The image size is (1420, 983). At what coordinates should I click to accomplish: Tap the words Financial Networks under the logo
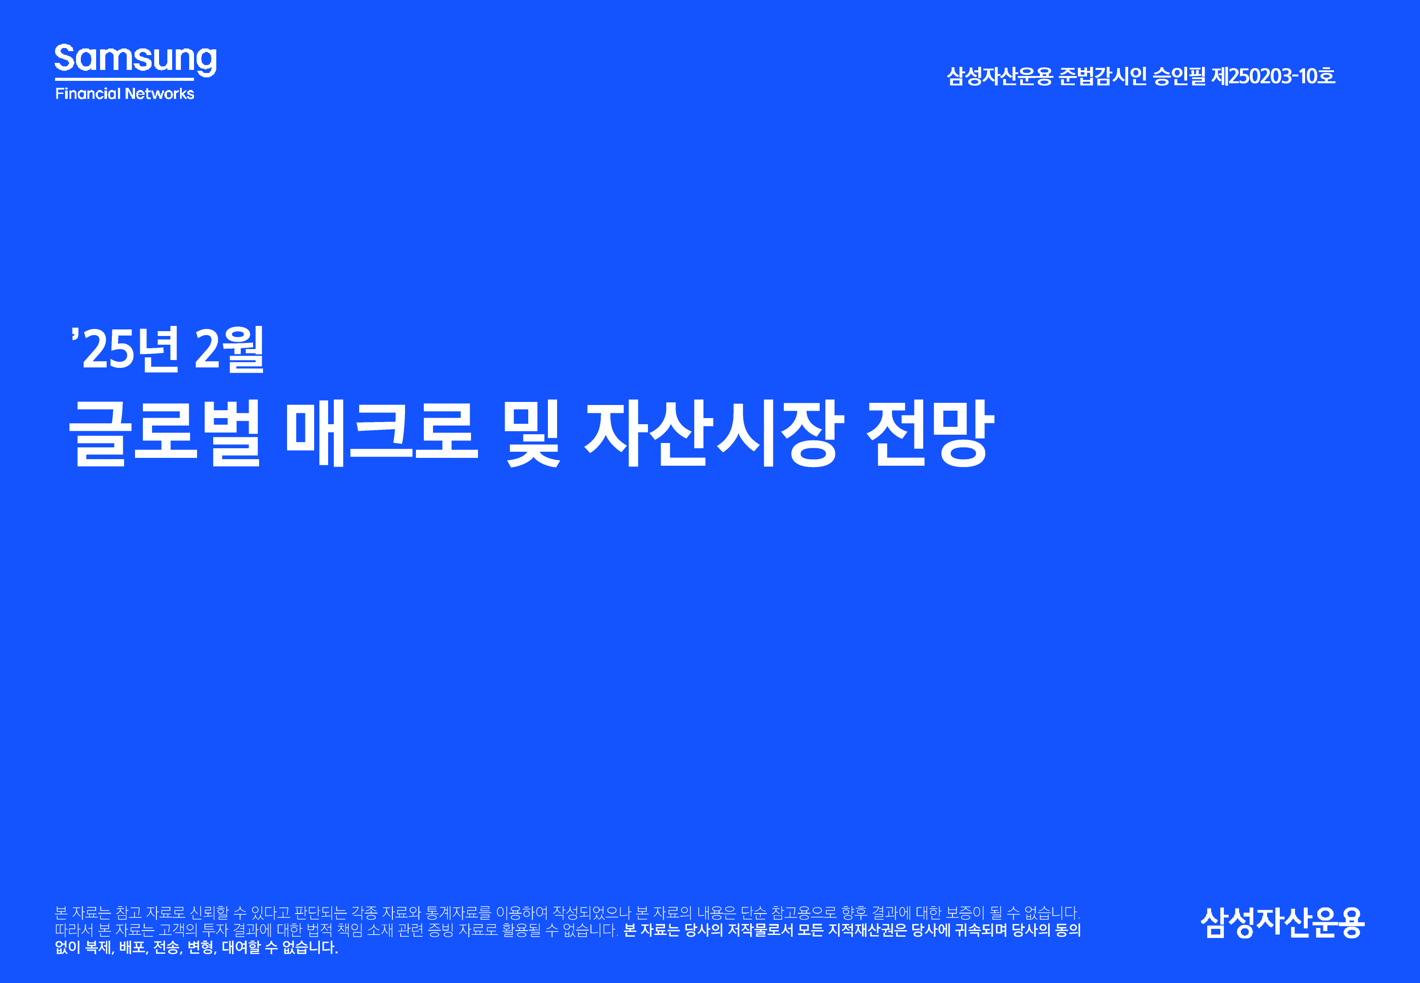pyautogui.click(x=125, y=93)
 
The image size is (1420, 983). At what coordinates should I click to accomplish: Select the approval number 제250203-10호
pyautogui.click(x=1273, y=76)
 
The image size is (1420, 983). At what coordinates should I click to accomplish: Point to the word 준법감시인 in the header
pyautogui.click(x=1102, y=76)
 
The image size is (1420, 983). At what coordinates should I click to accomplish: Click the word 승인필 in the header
pyautogui.click(x=1179, y=76)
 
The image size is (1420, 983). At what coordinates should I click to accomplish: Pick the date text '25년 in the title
pyautogui.click(x=126, y=349)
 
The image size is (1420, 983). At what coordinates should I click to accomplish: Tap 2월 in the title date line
pyautogui.click(x=229, y=349)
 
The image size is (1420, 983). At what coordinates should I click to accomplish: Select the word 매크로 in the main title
pyautogui.click(x=382, y=433)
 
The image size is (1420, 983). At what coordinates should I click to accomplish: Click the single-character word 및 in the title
pyautogui.click(x=532, y=433)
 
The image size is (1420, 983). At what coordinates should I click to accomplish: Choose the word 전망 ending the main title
pyautogui.click(x=931, y=433)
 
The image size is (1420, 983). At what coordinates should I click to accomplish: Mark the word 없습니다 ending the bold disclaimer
pyautogui.click(x=310, y=947)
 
